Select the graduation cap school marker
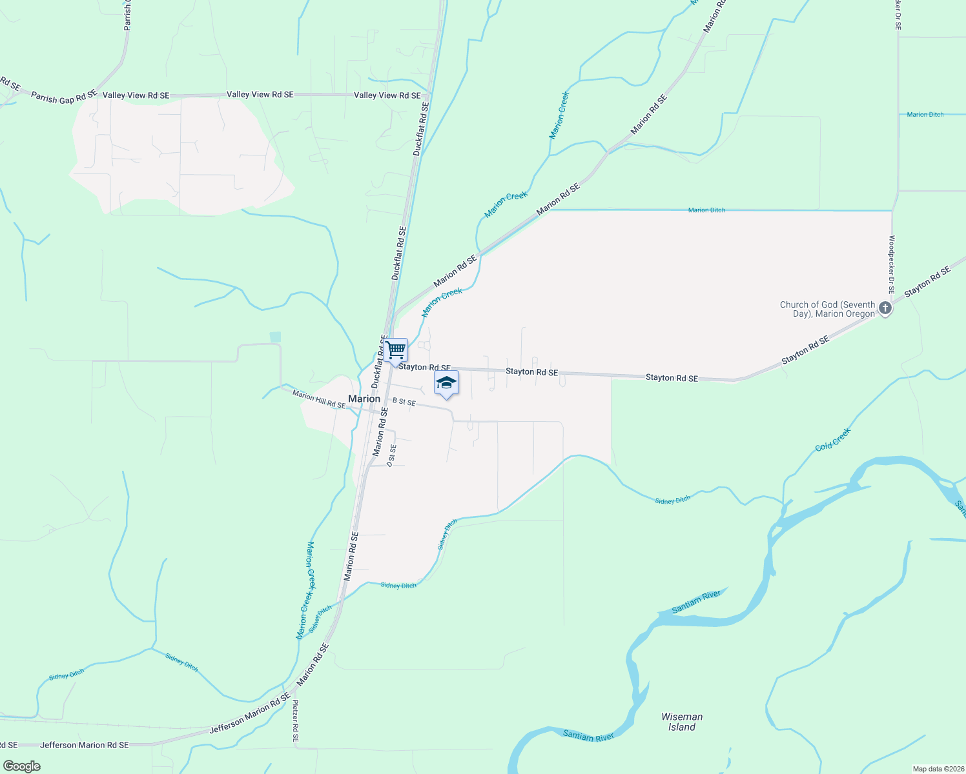(446, 383)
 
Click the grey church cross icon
(885, 308)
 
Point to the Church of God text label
(827, 309)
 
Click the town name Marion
(364, 399)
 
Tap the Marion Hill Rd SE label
(318, 399)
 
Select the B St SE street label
(404, 402)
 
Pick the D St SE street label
(391, 455)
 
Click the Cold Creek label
(833, 440)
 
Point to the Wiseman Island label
(682, 722)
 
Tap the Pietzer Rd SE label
(296, 721)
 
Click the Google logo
(21, 766)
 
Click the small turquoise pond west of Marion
(276, 337)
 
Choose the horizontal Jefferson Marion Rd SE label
(84, 745)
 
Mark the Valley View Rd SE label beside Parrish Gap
(136, 95)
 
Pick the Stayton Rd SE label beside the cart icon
(424, 367)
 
